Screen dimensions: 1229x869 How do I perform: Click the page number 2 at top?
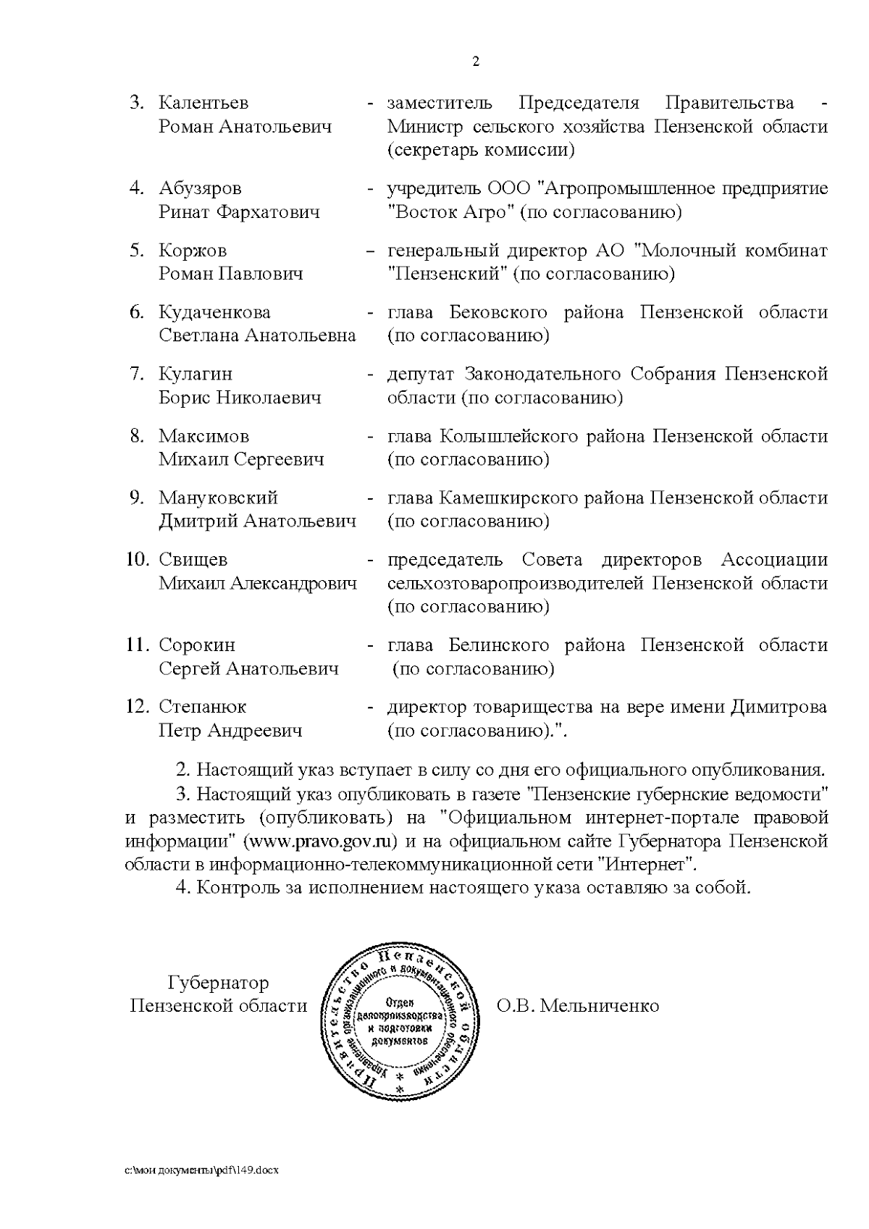pyautogui.click(x=475, y=62)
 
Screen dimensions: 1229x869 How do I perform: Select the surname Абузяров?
pyautogui.click(x=201, y=189)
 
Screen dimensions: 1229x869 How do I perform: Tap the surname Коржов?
pyautogui.click(x=193, y=251)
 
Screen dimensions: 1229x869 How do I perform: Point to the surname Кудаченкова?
pyautogui.click(x=214, y=313)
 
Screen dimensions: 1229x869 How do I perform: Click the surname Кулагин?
pyautogui.click(x=196, y=374)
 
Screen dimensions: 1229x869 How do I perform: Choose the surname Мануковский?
pyautogui.click(x=218, y=498)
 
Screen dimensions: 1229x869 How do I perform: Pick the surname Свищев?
pyautogui.click(x=193, y=560)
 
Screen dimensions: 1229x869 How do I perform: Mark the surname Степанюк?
pyautogui.click(x=202, y=707)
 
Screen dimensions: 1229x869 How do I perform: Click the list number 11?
pyautogui.click(x=138, y=645)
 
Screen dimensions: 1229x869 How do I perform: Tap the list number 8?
pyautogui.click(x=138, y=437)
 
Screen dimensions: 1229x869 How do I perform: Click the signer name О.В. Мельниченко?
pyautogui.click(x=577, y=1006)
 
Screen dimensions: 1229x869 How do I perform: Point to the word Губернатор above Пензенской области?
pyautogui.click(x=218, y=983)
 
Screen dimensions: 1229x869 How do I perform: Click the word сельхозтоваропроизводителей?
pyautogui.click(x=516, y=584)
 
